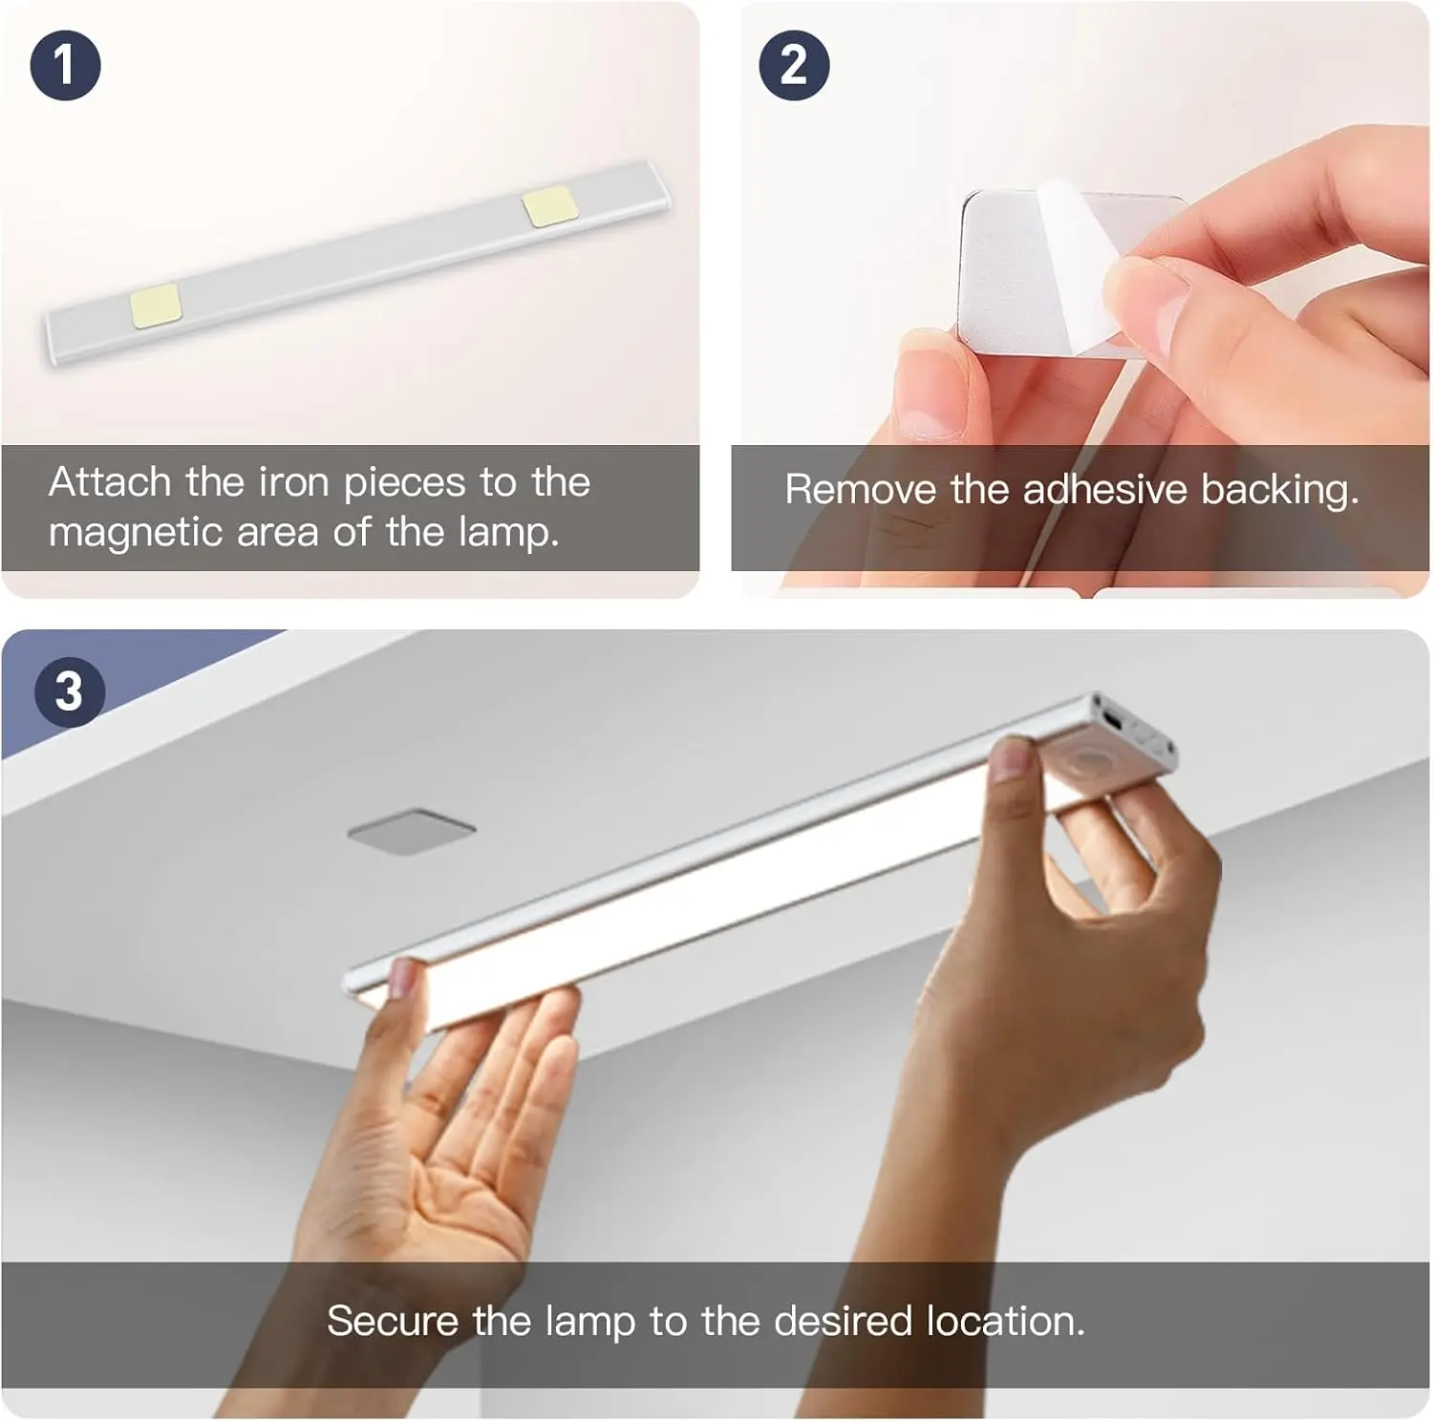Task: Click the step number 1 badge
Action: click(65, 65)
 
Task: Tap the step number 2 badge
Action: click(794, 65)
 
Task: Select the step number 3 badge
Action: click(69, 690)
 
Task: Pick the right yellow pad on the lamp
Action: click(549, 205)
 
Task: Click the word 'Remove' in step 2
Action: click(861, 490)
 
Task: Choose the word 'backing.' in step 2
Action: click(1280, 491)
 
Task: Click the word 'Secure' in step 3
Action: click(393, 1322)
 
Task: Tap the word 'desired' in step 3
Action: click(843, 1322)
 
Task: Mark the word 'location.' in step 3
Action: click(1006, 1322)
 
